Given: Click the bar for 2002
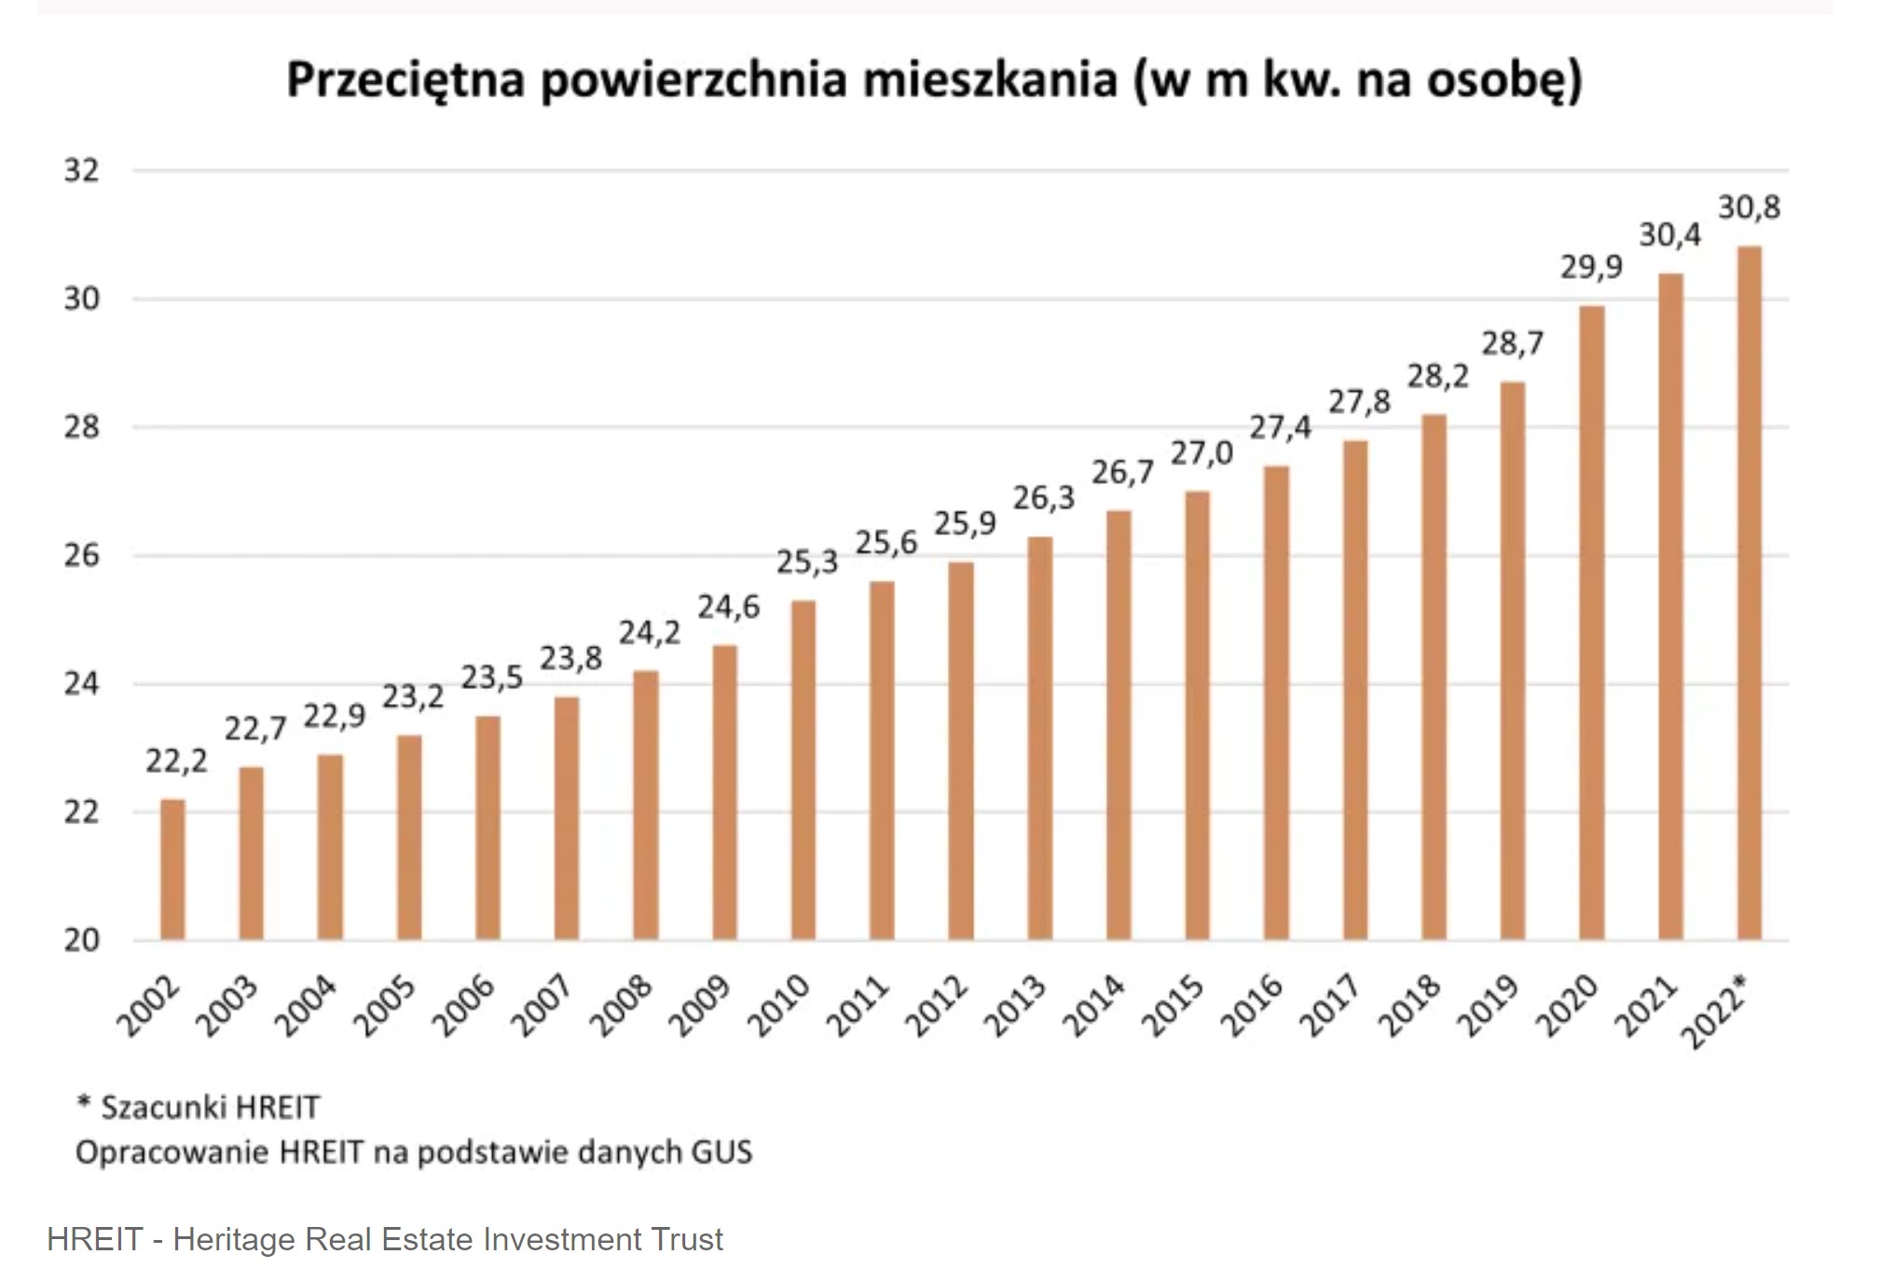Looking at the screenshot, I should [x=172, y=869].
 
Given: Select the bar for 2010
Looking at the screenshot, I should [x=803, y=770].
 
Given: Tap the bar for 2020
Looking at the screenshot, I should [x=1591, y=623].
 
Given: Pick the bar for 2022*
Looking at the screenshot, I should [x=1749, y=593].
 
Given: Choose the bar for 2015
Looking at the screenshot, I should [x=1197, y=715].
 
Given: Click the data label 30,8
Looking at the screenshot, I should [x=1749, y=207].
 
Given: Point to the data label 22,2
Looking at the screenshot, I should [x=176, y=762].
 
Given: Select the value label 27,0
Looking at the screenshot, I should [x=1202, y=454].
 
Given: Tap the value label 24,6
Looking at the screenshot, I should [x=729, y=608].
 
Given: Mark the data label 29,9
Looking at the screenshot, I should [x=1591, y=268].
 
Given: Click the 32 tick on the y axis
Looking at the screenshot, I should [x=81, y=171].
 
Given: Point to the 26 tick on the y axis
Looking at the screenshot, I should [x=81, y=556].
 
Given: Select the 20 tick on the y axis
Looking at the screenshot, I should [x=81, y=940].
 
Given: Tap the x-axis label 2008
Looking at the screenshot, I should [x=623, y=1007].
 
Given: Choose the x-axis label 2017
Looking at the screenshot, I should [x=1332, y=1007].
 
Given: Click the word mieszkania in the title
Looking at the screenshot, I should [x=989, y=79].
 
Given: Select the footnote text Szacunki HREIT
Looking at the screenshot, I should [x=210, y=1108].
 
